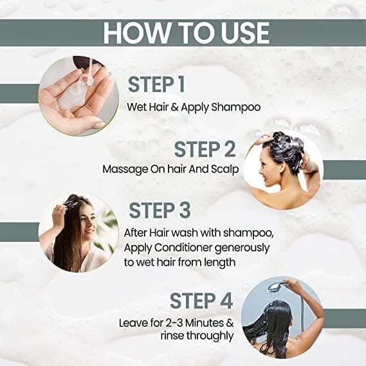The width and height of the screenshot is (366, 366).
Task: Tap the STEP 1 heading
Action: [161, 84]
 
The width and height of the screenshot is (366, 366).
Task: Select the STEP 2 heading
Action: [205, 149]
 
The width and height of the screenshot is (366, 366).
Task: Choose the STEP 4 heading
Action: [203, 301]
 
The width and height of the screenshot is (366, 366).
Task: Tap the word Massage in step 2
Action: [123, 169]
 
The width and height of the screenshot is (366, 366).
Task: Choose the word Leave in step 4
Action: [133, 322]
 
